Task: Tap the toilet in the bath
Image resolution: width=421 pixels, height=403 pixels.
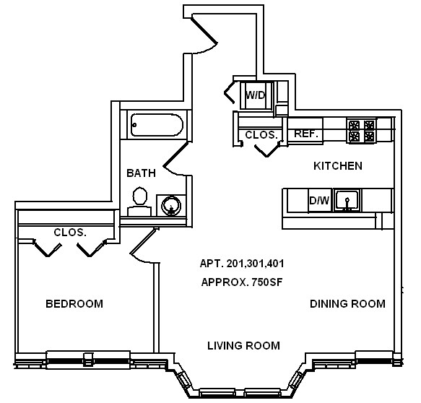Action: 139,201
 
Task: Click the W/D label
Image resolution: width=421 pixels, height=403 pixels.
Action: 254,95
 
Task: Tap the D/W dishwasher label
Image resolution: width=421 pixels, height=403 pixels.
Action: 319,201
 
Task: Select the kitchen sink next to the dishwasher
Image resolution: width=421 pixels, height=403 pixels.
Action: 347,200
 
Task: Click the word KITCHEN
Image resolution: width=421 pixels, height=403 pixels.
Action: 337,166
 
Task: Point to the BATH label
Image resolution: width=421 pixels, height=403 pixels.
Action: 141,173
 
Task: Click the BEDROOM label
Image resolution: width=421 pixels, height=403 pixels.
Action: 74,304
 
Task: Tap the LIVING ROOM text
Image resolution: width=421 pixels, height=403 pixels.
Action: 243,346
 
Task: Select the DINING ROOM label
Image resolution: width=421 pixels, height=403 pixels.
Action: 347,304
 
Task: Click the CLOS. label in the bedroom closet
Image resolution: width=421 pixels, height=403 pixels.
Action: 70,233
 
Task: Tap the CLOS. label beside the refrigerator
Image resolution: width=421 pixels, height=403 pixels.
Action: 261,135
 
